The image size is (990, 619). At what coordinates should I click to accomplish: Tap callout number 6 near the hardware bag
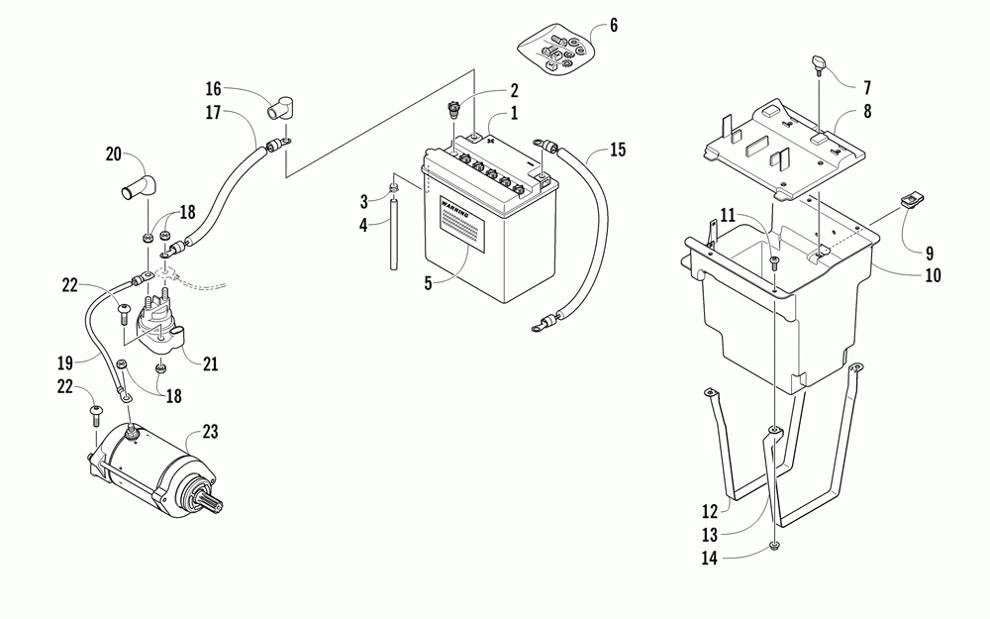coord(614,26)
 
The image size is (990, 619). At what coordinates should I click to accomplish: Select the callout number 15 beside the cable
coord(618,151)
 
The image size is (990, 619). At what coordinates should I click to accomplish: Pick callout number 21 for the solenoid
coord(210,364)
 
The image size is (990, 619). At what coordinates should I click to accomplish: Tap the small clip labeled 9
coord(911,204)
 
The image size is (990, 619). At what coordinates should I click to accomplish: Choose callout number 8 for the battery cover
coord(867,112)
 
